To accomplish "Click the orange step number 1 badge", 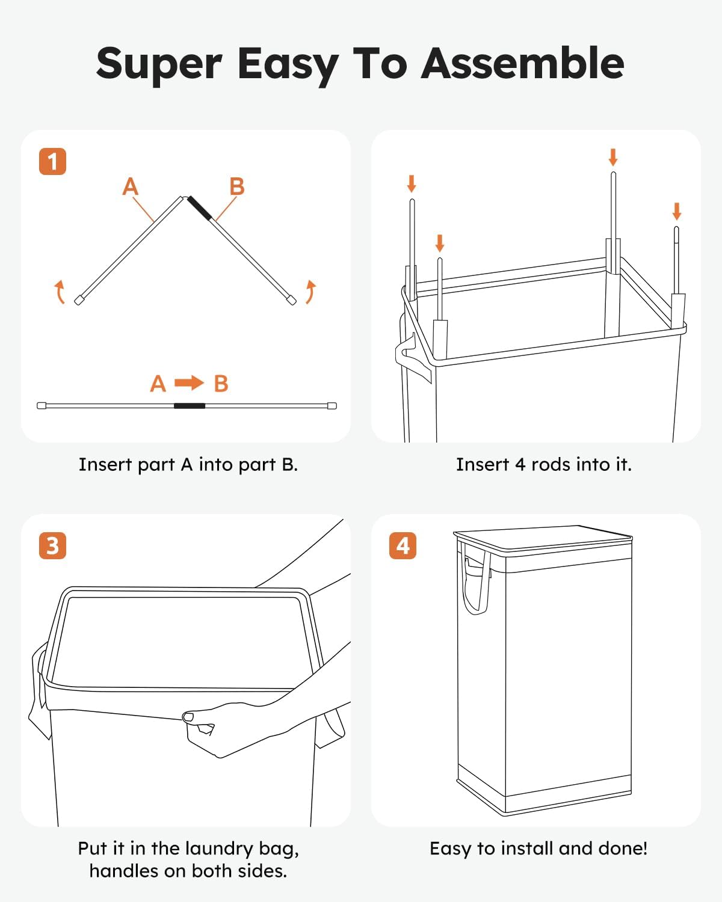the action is [52, 161].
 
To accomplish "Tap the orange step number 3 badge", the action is [52, 545].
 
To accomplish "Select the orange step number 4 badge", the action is [403, 545].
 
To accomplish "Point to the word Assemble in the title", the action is [523, 63].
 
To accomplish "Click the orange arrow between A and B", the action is [189, 382].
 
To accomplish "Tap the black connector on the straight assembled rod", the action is [190, 406].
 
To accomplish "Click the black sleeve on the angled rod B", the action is [200, 208].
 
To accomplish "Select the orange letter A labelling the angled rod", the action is [131, 186].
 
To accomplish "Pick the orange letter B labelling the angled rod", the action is [237, 186].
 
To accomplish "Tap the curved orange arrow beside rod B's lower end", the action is [311, 292].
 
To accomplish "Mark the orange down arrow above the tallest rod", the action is [613, 157].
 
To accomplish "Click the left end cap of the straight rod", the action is [42, 406].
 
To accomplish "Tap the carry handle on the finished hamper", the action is [476, 583].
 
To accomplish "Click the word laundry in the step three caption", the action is [219, 849].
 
